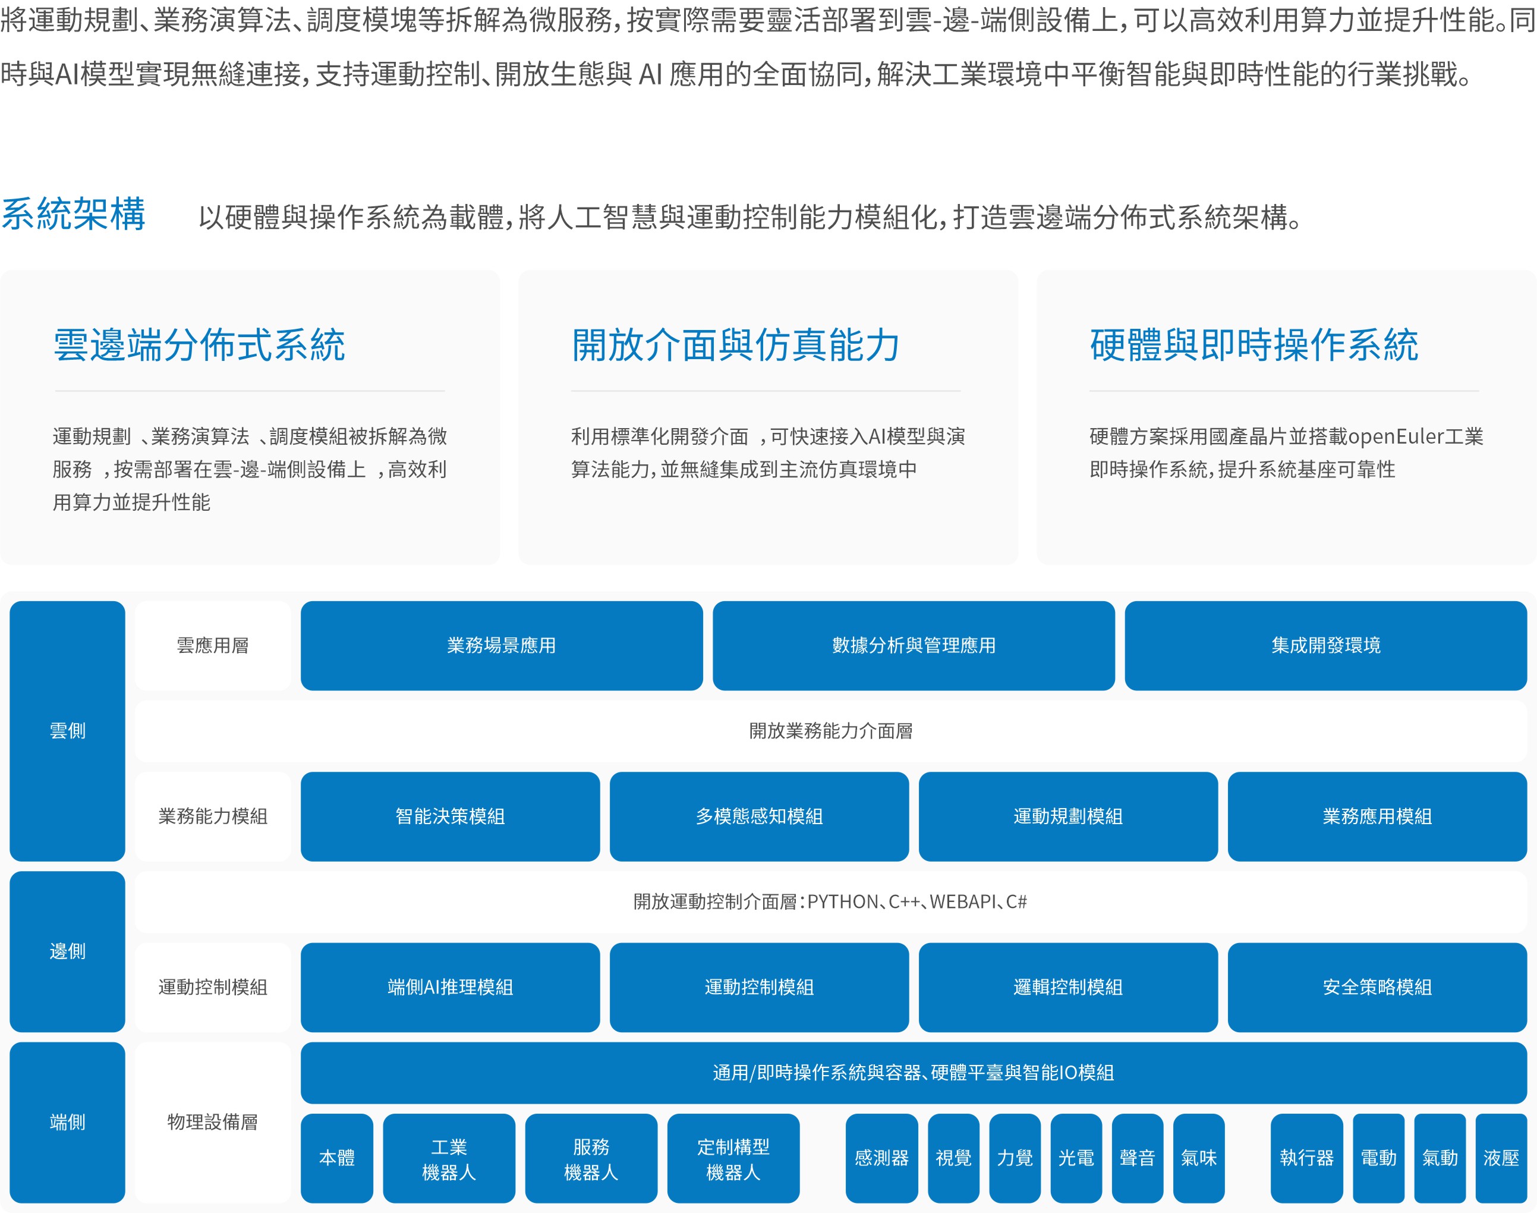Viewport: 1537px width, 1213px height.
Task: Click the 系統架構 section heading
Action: tap(73, 215)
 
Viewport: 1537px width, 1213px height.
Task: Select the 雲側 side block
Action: tap(67, 731)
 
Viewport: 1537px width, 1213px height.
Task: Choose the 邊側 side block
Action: tap(67, 951)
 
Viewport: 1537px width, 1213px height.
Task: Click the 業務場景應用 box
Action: tap(501, 646)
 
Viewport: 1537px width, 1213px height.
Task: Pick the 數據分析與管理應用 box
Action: tap(914, 646)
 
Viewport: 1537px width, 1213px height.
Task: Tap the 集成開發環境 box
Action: tap(1325, 646)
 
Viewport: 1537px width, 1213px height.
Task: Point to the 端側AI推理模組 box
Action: tap(450, 987)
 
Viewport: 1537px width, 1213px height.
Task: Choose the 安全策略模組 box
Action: tap(1377, 987)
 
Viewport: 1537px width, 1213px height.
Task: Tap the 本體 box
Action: tap(336, 1158)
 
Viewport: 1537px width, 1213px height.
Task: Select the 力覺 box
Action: tap(1015, 1158)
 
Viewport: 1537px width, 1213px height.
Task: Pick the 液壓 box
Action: tap(1501, 1158)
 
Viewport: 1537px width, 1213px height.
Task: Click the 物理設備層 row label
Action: tap(212, 1122)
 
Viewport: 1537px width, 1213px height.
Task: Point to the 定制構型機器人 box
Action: tap(733, 1158)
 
